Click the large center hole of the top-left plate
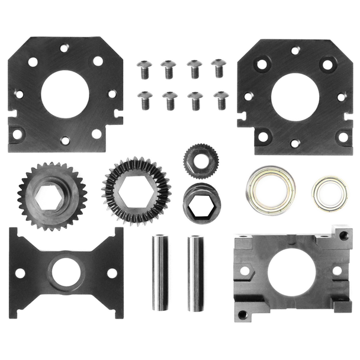tap(65, 94)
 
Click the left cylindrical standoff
tap(160, 273)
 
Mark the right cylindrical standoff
tap(196, 273)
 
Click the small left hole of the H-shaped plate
tap(20, 273)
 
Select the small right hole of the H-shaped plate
tap(111, 273)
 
